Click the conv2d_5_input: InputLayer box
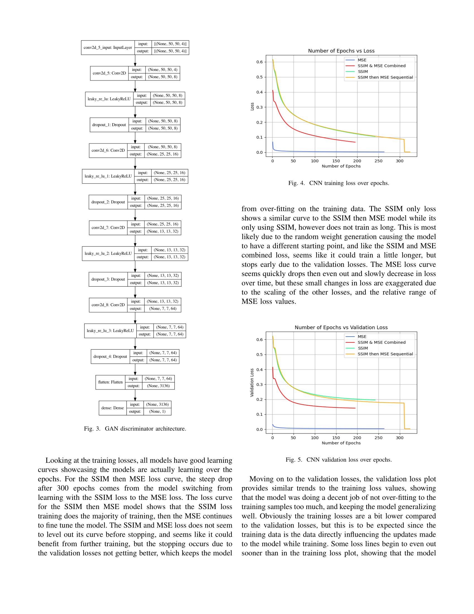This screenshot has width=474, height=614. coord(108,47)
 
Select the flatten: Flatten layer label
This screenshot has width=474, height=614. coord(110,382)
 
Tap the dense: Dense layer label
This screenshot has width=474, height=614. coord(112,408)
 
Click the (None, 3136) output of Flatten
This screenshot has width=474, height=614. coord(158,386)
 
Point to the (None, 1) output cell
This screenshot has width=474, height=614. coord(157,412)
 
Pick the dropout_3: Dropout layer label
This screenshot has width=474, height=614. coord(108,279)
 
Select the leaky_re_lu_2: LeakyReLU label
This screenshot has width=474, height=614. coord(108,253)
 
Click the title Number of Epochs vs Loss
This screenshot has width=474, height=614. coord(341,51)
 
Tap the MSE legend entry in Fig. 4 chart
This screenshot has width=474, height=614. coord(362,60)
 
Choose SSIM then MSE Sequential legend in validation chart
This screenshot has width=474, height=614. coord(385,354)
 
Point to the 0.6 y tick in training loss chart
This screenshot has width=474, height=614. coord(260,62)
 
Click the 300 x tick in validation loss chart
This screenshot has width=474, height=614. coord(400,438)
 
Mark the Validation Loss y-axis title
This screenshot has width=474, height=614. coord(252,383)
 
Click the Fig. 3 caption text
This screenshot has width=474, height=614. coord(135,429)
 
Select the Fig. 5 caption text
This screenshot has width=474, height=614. coord(339,460)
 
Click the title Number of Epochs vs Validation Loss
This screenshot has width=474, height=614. coord(341,328)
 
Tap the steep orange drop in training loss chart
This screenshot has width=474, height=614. coord(404,146)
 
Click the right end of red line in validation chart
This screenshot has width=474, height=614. coord(355,408)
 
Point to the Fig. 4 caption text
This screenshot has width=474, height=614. coord(339,183)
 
